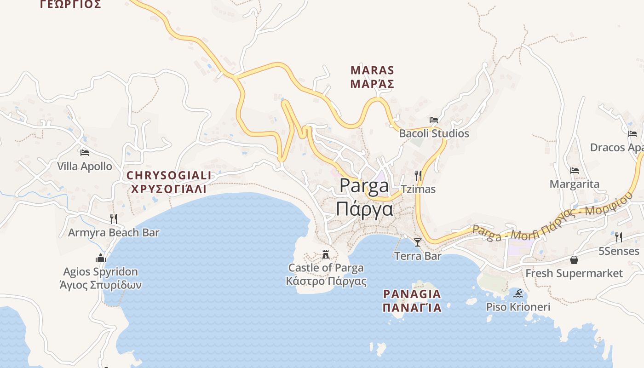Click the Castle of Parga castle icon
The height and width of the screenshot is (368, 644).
(x=326, y=254)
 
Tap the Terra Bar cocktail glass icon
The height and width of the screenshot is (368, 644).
(x=418, y=242)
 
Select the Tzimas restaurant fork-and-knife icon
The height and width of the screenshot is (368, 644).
(x=418, y=175)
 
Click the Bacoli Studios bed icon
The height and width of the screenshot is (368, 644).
(x=434, y=120)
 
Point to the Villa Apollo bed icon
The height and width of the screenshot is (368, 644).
(x=84, y=152)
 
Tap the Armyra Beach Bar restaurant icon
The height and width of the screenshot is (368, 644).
(x=114, y=218)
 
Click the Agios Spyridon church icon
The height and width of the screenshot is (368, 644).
(x=101, y=258)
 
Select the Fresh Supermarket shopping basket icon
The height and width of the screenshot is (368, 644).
(x=574, y=260)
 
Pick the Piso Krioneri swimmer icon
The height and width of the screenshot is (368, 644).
(x=518, y=293)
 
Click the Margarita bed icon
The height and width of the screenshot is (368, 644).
(x=574, y=171)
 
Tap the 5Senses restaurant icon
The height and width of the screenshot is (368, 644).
(x=619, y=237)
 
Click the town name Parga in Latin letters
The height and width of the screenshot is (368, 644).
(x=364, y=186)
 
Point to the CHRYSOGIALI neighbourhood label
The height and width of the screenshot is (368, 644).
(x=169, y=175)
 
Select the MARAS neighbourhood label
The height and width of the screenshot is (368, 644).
(x=373, y=70)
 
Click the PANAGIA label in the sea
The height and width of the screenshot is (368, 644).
(x=412, y=293)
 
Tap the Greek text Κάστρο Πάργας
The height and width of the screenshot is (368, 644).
(x=326, y=281)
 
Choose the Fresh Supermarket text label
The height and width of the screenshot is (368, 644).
(x=574, y=273)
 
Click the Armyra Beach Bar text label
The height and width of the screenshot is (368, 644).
(x=114, y=232)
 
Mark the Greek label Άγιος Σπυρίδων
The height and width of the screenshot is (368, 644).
(x=101, y=285)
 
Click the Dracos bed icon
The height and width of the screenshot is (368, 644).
(x=632, y=134)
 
